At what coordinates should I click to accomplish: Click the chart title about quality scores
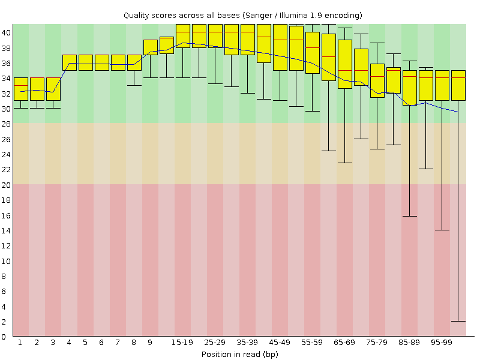242,14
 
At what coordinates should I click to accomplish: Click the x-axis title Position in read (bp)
239,354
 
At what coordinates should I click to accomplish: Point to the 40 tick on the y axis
6,32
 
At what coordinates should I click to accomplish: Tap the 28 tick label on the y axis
6,124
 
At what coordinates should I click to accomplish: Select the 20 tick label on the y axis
6,185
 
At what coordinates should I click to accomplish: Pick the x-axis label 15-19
182,342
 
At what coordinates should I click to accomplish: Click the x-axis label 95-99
442,342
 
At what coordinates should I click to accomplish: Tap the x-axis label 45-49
280,342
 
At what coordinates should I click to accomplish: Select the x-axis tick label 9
150,342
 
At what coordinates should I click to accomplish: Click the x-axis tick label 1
20,342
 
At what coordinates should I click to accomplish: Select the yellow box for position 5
85,62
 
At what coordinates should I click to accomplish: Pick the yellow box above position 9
150,47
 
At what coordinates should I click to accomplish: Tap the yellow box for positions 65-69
344,64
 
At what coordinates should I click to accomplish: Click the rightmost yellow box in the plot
458,85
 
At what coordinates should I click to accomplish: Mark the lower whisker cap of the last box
458,322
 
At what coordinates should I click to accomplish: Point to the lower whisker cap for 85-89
409,216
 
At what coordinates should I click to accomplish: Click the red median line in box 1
20,86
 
